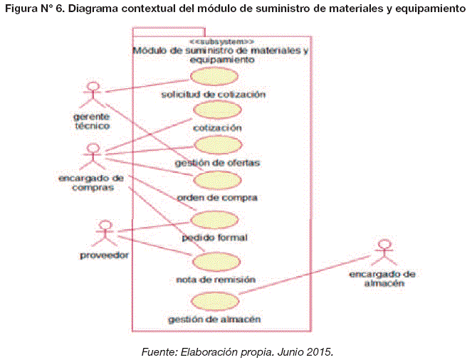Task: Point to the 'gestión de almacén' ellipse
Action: (214, 300)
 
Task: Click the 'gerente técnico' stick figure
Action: (91, 94)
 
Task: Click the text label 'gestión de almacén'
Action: (214, 319)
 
